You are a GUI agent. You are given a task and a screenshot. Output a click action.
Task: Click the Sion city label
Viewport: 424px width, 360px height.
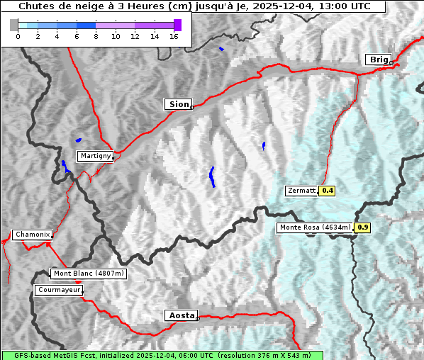click(x=179, y=104)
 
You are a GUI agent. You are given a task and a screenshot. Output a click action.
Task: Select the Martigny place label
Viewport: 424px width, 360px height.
click(x=95, y=156)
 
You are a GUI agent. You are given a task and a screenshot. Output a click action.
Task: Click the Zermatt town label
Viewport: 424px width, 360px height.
click(x=301, y=191)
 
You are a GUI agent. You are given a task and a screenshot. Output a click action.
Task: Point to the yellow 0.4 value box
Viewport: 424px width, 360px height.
click(x=328, y=191)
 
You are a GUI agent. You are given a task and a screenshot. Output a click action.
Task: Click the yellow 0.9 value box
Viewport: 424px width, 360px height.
click(x=362, y=227)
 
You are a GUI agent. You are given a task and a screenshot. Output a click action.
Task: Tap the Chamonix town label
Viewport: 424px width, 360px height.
click(x=32, y=235)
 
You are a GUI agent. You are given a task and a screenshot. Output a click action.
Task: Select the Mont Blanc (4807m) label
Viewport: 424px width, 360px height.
click(x=89, y=274)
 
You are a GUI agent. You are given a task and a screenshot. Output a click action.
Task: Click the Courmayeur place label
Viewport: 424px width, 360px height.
click(x=59, y=290)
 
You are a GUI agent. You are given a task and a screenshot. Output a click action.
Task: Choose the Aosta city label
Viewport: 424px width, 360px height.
click(x=180, y=315)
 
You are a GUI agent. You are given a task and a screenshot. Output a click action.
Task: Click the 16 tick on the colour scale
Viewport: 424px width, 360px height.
click(x=174, y=37)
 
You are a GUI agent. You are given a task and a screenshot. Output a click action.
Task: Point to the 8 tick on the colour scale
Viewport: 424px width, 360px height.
click(x=96, y=37)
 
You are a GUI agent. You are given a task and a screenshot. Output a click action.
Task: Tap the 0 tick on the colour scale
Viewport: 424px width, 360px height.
click(x=18, y=37)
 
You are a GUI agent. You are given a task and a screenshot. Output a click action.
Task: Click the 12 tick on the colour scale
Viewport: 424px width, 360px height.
click(x=135, y=37)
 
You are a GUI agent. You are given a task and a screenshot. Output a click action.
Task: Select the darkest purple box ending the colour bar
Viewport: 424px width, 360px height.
click(x=177, y=25)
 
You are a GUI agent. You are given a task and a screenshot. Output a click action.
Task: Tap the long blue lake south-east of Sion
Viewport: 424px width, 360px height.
click(x=212, y=177)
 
